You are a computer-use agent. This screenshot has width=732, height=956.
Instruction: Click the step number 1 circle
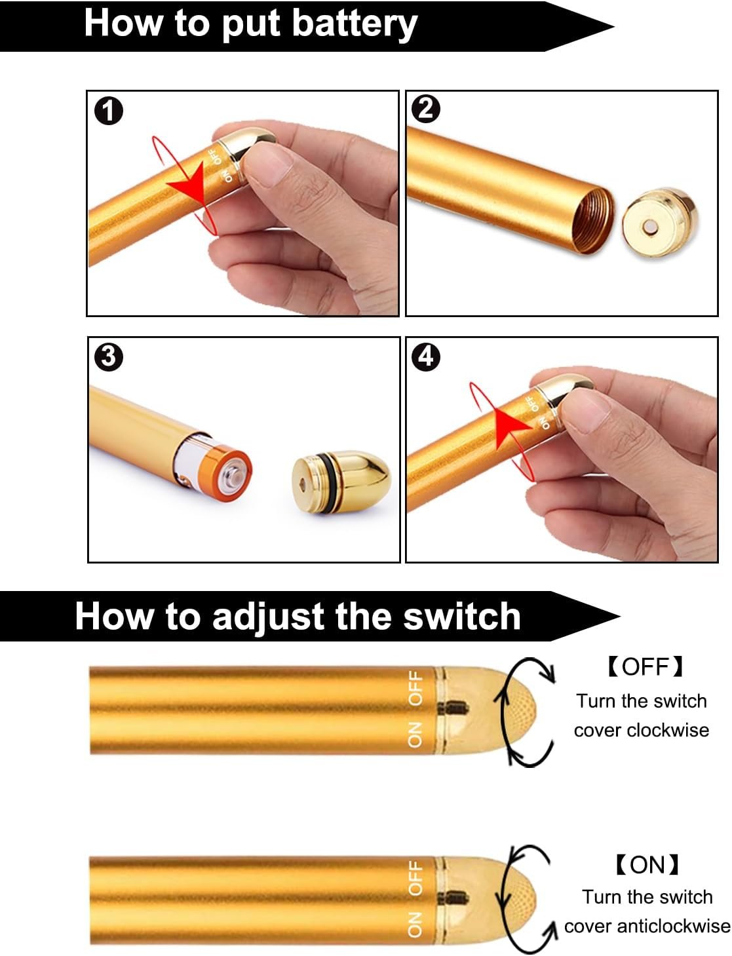click(x=109, y=111)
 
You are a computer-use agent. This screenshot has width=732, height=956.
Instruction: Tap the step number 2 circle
click(x=425, y=109)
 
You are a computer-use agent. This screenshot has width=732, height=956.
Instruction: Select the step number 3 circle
click(x=109, y=357)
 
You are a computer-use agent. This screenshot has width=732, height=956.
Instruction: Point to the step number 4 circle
click(x=425, y=356)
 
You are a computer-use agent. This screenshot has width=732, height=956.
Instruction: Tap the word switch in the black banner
click(x=462, y=617)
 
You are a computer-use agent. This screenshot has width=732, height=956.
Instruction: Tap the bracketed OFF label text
click(x=645, y=666)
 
